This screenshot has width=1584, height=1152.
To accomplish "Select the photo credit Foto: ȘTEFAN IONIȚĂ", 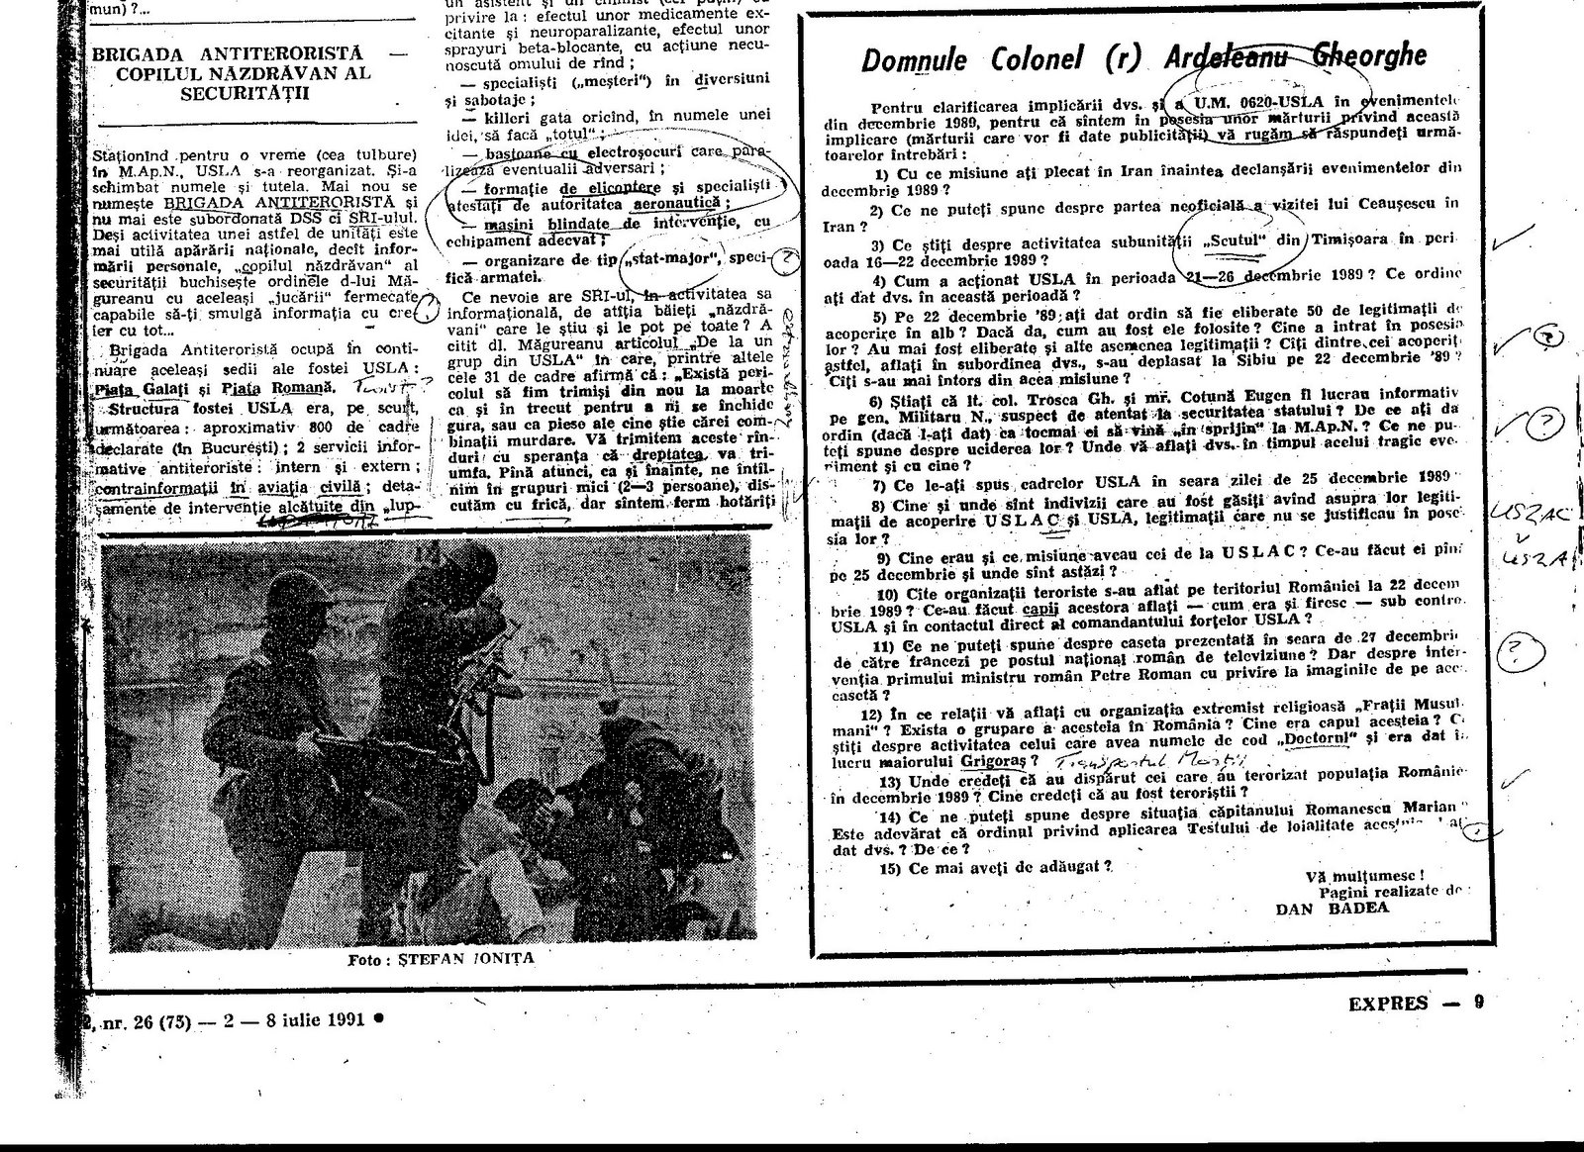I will [433, 959].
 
